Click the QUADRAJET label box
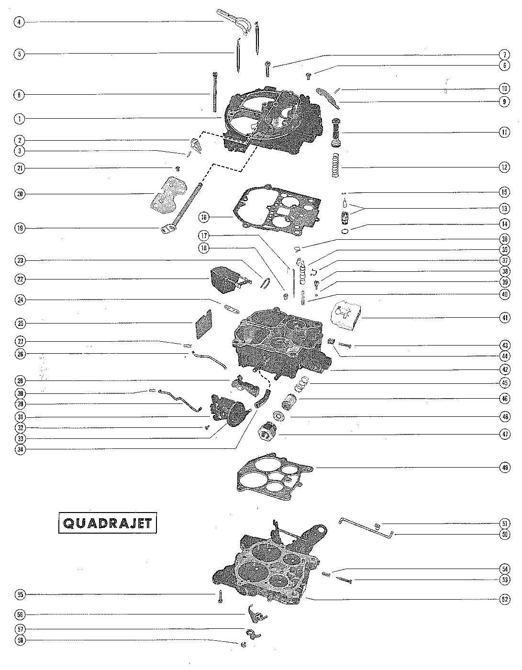pos(107,524)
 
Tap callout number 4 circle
pos(19,22)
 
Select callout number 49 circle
pos(505,468)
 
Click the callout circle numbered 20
pos(19,194)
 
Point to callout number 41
pos(505,317)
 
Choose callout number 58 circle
pos(19,640)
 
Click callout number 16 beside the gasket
pos(204,217)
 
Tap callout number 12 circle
pos(505,167)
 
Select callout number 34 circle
pos(19,449)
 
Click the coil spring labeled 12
pos(337,166)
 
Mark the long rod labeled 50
pos(366,527)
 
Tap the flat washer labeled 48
pos(279,416)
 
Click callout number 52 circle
pos(505,599)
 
